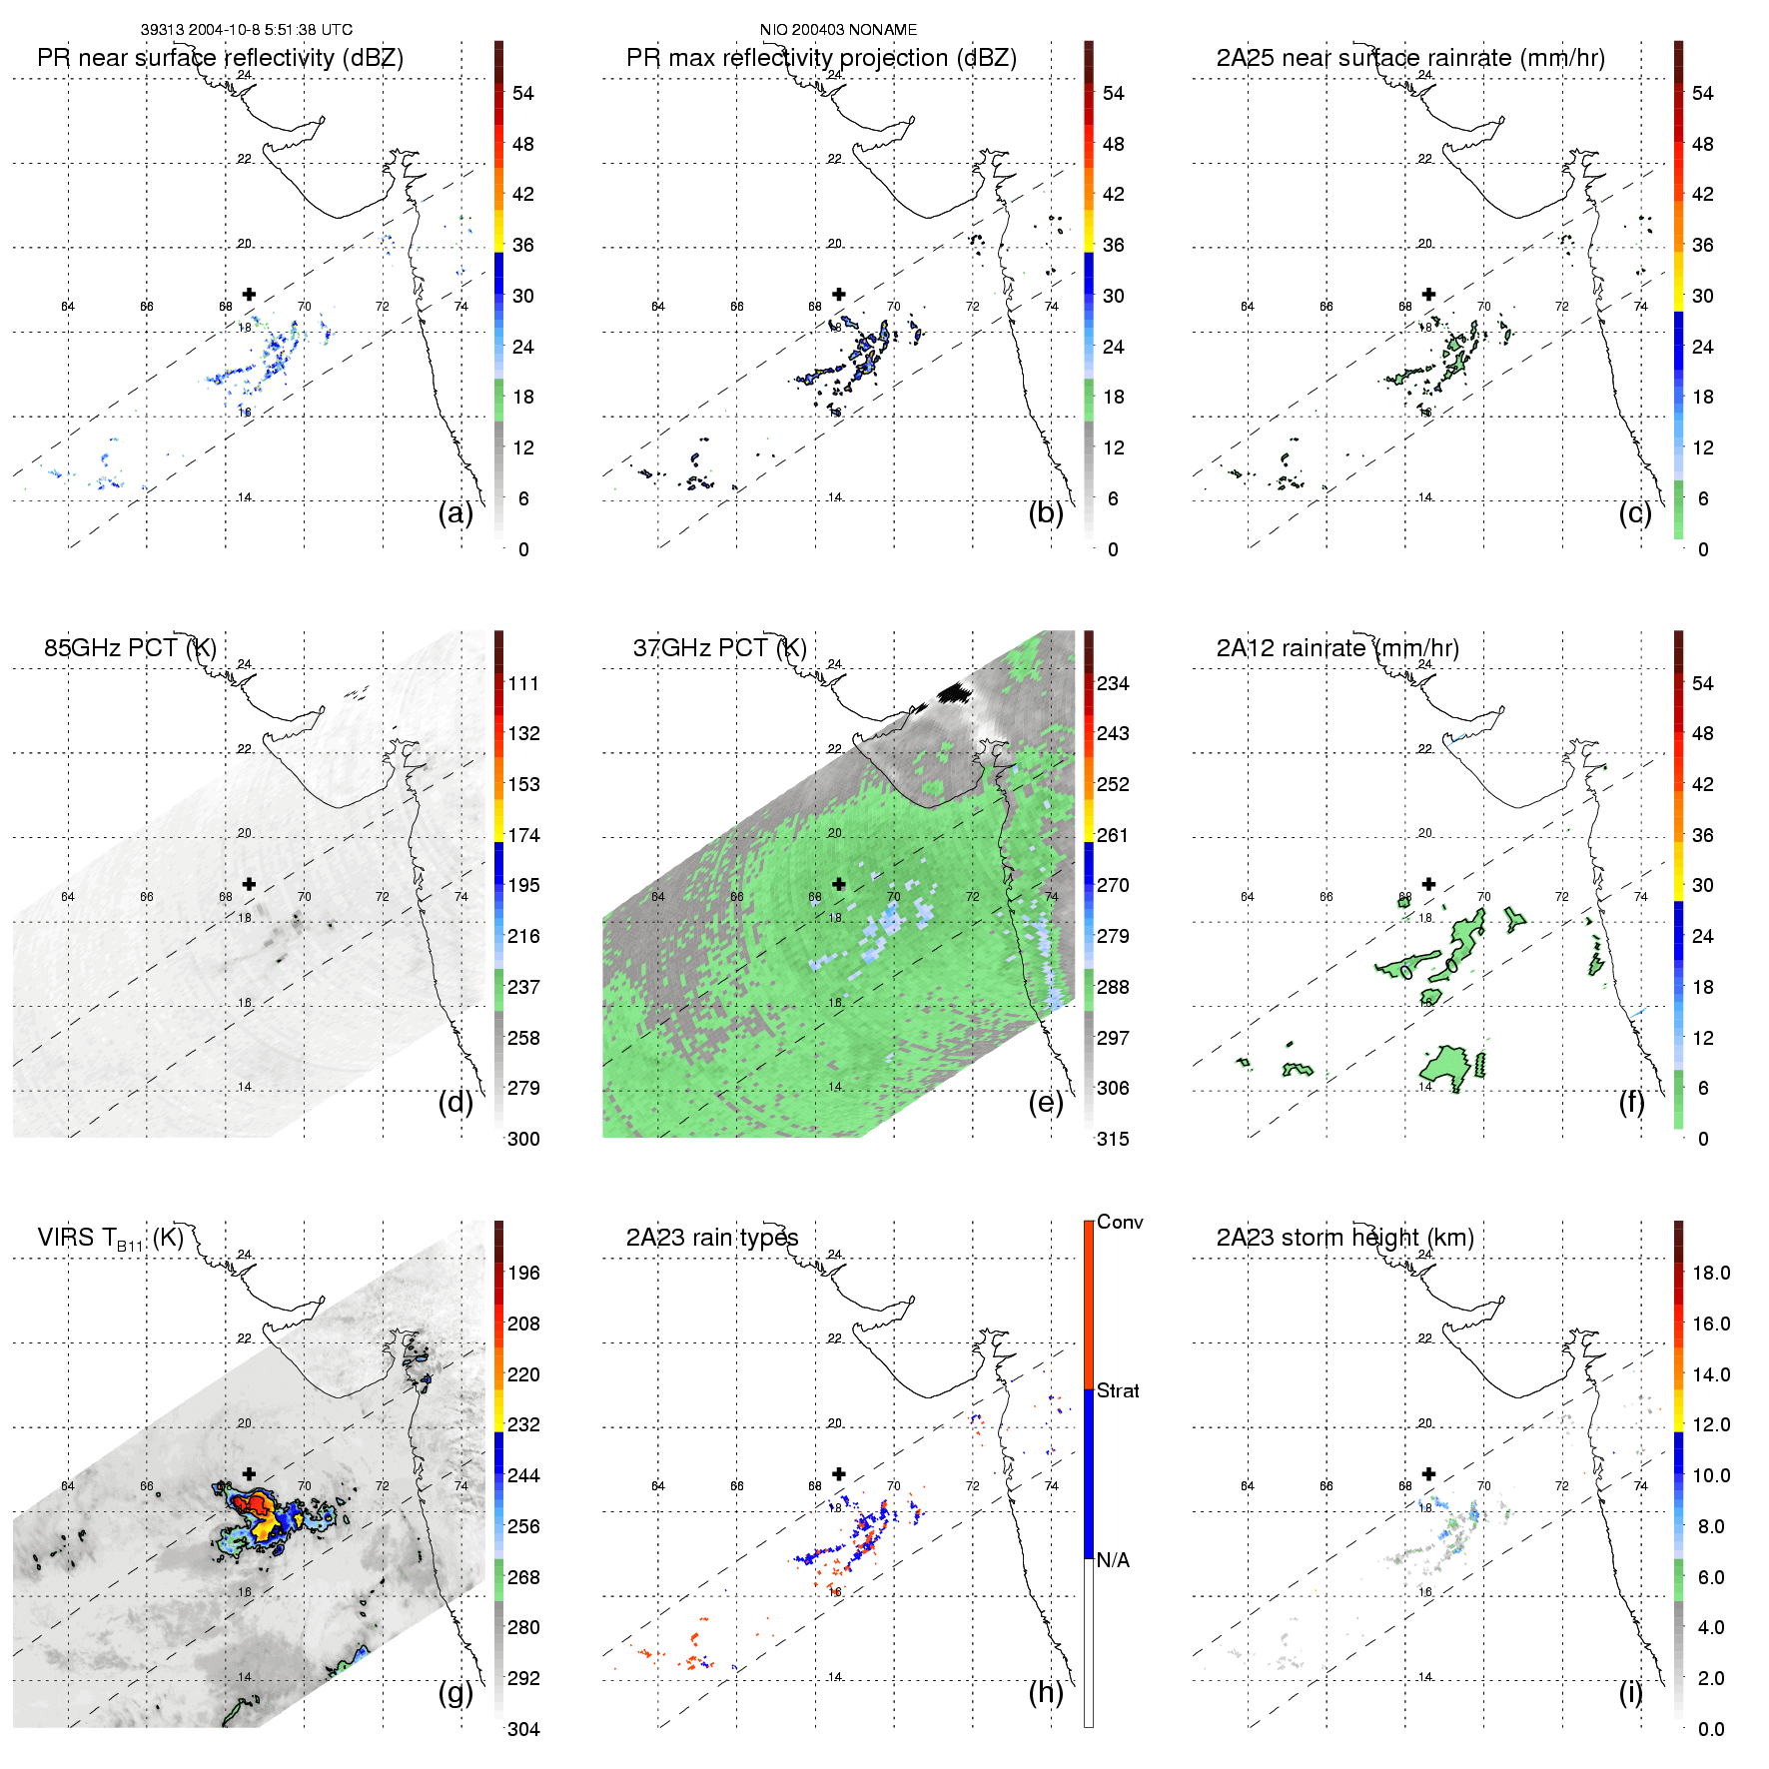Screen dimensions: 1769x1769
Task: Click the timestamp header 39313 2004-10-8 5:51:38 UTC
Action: coord(246,30)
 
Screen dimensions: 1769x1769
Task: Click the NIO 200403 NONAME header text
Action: coord(838,30)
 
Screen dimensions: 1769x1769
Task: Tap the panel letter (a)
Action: coord(455,512)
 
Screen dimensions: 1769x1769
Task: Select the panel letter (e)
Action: coord(1046,1102)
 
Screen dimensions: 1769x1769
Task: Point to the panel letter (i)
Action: coord(1631,1692)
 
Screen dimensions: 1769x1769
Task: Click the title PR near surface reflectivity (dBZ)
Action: coord(220,58)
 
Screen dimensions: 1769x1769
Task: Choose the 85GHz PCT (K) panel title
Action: coord(130,648)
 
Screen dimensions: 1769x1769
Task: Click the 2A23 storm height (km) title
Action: coord(1344,1238)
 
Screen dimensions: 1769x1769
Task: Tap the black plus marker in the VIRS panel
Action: coord(249,1474)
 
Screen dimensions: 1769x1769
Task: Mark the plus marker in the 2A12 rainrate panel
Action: coord(1428,884)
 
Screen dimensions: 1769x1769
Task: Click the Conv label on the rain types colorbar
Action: coord(1120,1223)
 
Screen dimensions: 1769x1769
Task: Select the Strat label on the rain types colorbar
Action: coord(1118,1390)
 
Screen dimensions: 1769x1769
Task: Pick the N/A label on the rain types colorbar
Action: coord(1114,1560)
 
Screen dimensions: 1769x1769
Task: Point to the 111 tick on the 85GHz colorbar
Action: coord(523,683)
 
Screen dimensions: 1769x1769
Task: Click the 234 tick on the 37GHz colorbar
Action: coord(1113,683)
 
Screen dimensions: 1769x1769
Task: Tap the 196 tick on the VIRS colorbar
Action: coord(523,1273)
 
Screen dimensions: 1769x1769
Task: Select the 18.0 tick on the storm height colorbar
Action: coord(1710,1273)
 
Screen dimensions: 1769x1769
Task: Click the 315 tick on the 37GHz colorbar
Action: coord(1113,1139)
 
